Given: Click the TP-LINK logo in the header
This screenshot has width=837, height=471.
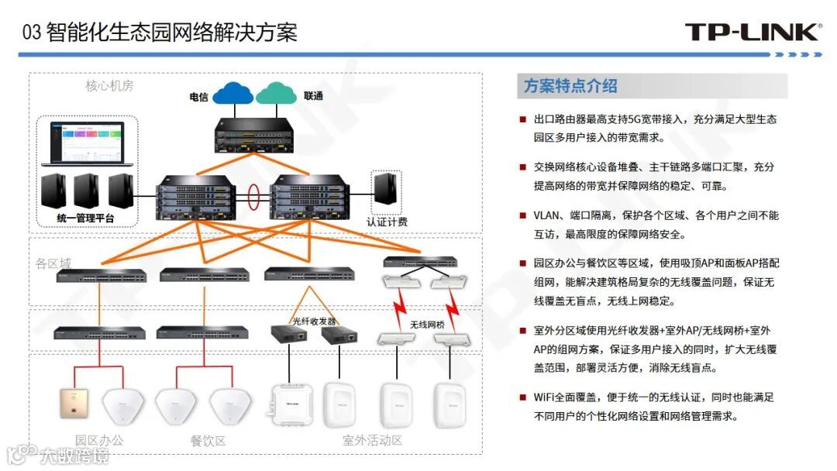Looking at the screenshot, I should (x=752, y=32).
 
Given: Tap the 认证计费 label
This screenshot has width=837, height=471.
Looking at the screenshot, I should (x=387, y=222).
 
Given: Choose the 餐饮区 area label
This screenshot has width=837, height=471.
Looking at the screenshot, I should (x=208, y=441).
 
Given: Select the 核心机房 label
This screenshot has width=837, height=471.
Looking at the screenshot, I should (x=109, y=86).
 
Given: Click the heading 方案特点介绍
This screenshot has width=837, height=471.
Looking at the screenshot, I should (x=570, y=86).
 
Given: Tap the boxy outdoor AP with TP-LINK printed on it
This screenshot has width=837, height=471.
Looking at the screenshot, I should (x=290, y=404).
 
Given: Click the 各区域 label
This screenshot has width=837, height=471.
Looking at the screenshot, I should (x=52, y=263).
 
